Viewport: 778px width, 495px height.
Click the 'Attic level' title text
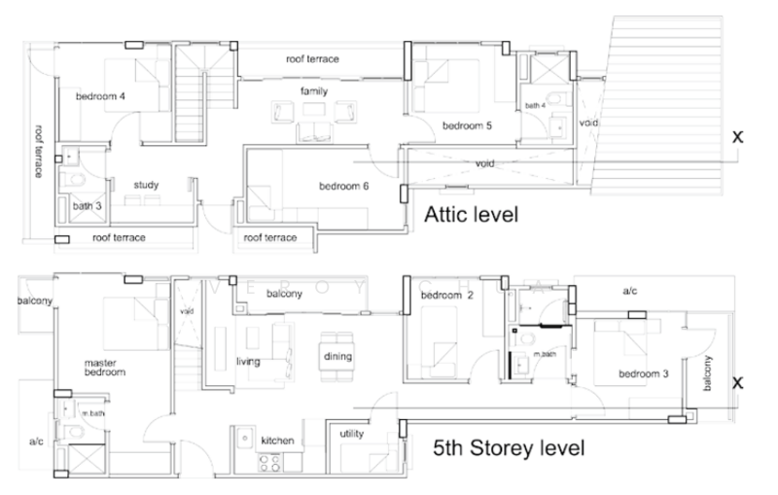pos(470,213)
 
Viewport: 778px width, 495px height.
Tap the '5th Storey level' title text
pos(509,448)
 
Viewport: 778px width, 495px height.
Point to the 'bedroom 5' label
pos(468,125)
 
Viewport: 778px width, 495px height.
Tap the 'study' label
pos(147,184)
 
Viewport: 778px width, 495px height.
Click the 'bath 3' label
pos(87,206)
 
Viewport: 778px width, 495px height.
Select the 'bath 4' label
pos(536,105)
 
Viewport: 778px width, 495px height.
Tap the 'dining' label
pos(337,356)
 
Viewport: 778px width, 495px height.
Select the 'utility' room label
pos(351,434)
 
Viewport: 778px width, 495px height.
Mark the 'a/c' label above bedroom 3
pos(631,290)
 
